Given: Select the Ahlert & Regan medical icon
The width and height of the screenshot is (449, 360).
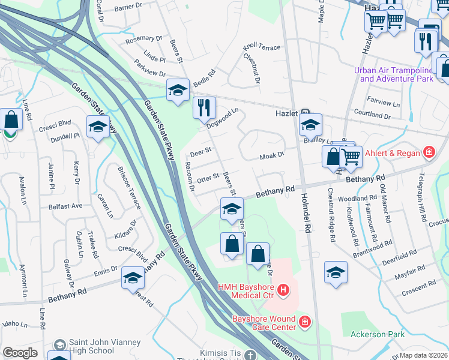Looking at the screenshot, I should tap(429, 153).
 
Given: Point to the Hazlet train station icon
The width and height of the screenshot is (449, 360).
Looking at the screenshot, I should tap(305, 112).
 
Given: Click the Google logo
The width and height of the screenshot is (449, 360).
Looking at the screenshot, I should tap(20, 353).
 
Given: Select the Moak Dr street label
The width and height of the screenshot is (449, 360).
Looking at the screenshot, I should tap(271, 156).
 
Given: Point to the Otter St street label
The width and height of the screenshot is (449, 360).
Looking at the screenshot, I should tap(207, 178).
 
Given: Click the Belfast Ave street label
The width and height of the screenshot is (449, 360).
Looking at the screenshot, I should tap(65, 206).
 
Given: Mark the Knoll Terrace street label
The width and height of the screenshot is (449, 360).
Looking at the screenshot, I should tap(261, 47).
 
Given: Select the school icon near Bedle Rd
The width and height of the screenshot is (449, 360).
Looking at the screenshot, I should tap(178, 90).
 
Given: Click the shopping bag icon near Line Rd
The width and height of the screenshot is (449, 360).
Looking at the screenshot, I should tap(11, 119).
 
